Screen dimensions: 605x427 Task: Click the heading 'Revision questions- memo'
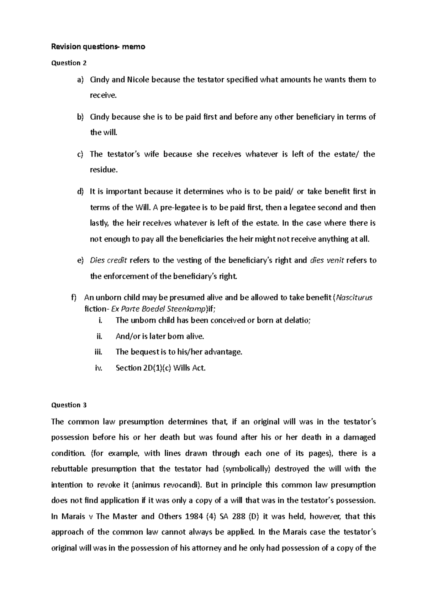point(99,47)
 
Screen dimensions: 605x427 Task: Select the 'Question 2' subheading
point(69,63)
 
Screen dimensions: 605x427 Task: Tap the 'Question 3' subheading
point(69,405)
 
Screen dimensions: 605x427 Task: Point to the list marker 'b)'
point(80,117)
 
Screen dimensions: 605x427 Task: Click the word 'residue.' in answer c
point(104,170)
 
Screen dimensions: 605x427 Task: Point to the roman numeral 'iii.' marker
point(99,352)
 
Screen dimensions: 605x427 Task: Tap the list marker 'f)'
point(74,298)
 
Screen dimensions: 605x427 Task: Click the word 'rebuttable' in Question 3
point(69,469)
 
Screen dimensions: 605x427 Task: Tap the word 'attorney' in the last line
point(206,548)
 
